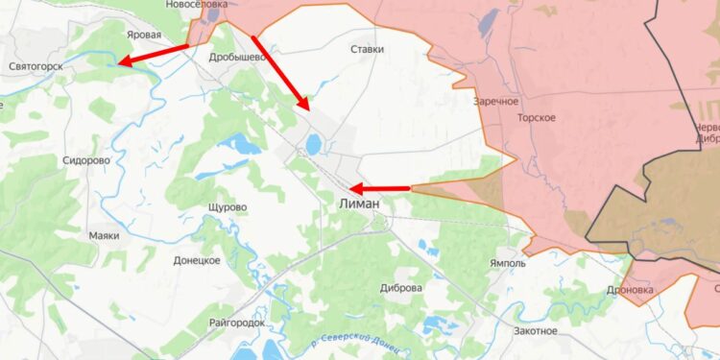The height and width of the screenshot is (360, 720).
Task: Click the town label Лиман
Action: pos(360,204)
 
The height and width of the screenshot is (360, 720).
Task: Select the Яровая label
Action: pos(143,33)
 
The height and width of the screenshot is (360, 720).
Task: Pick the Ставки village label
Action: pos(368,48)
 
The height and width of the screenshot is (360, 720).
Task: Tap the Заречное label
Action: pos(495,101)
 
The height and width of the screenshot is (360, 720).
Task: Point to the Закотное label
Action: pos(535,330)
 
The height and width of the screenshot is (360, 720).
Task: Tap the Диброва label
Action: pos(401,287)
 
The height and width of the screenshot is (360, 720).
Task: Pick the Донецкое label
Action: pos(198,259)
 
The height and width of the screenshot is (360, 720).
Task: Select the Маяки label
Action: pos(104,235)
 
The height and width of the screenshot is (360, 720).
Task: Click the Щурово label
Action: pos(227,207)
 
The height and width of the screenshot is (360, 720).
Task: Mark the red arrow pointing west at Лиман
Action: pos(379,188)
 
